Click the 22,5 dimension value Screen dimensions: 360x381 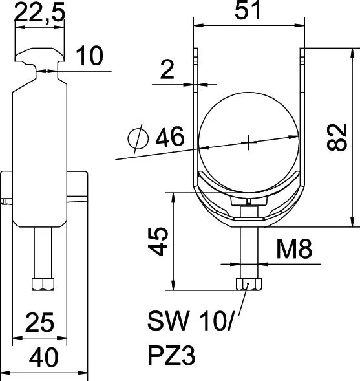pyautogui.click(x=39, y=11)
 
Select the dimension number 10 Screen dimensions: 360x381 pyautogui.click(x=90, y=56)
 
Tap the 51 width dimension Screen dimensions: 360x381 pyautogui.click(x=248, y=10)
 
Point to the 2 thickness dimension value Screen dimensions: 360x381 pyautogui.click(x=167, y=70)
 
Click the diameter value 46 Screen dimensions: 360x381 pyautogui.click(x=170, y=136)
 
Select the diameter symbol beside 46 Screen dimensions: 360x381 pyautogui.click(x=138, y=138)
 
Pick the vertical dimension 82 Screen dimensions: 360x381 pyautogui.click(x=337, y=137)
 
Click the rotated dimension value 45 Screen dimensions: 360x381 pyautogui.click(x=158, y=241)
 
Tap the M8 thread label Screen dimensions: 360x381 pyautogui.click(x=294, y=248)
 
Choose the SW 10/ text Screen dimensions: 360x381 pyautogui.click(x=190, y=321)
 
